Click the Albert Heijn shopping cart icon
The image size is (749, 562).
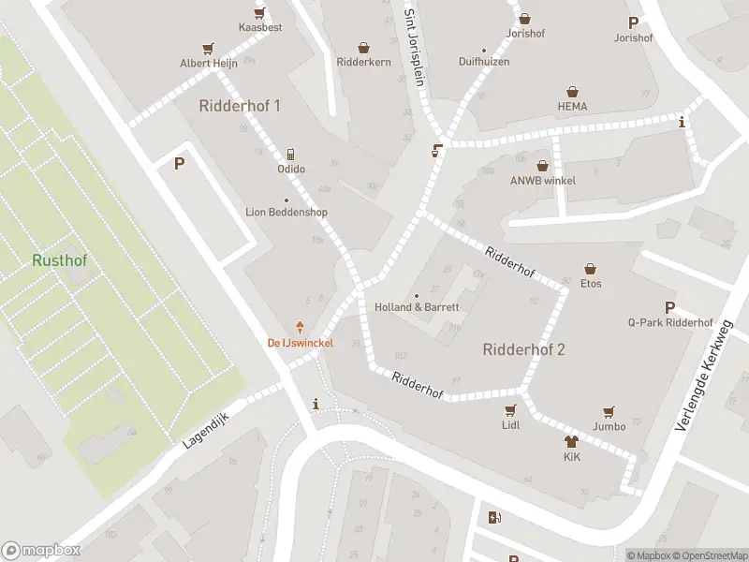[x=208, y=49]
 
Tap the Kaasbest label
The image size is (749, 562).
[x=260, y=27]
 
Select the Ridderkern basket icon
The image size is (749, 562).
[x=363, y=47]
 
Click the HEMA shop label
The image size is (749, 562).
[x=572, y=106]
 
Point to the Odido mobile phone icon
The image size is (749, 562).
[x=291, y=154]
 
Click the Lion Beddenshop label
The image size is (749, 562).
[x=286, y=212]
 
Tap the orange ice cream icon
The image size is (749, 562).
[x=301, y=326]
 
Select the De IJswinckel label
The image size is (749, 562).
[x=301, y=343]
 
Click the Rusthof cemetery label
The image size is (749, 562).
[x=59, y=259]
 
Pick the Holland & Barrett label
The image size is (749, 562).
[x=417, y=307]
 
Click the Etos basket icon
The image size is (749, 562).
[x=591, y=268]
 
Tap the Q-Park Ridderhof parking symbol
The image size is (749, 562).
[x=669, y=308]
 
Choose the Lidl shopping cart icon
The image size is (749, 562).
[x=510, y=410]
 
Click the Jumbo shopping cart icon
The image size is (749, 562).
[x=609, y=411]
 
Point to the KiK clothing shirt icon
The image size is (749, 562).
[x=572, y=441]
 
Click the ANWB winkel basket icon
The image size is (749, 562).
[x=542, y=166]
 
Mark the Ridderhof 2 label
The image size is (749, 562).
[x=523, y=349]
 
